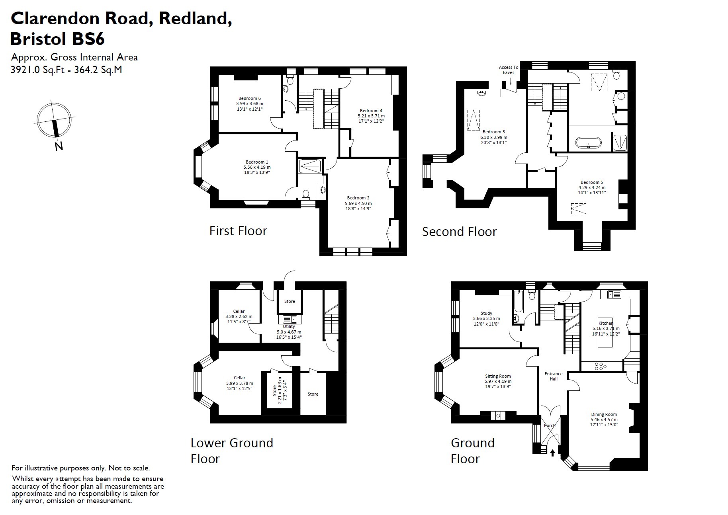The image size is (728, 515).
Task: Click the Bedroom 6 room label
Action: click(x=250, y=98)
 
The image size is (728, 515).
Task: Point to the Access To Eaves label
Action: click(x=509, y=70)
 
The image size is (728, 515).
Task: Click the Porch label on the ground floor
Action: click(x=550, y=425)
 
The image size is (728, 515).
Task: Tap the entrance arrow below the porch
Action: click(x=552, y=453)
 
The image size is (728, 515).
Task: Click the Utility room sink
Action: click(x=290, y=319)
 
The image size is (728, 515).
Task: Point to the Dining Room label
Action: click(x=604, y=414)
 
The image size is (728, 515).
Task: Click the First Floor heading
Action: click(x=238, y=231)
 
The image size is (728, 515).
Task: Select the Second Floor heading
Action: click(x=459, y=232)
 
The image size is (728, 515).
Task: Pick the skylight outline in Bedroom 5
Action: click(x=579, y=209)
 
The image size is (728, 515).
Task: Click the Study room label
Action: click(x=486, y=313)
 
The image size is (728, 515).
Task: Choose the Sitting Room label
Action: click(x=498, y=376)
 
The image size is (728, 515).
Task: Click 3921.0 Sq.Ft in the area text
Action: click(x=37, y=70)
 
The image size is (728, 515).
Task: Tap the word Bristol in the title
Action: click(x=38, y=39)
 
